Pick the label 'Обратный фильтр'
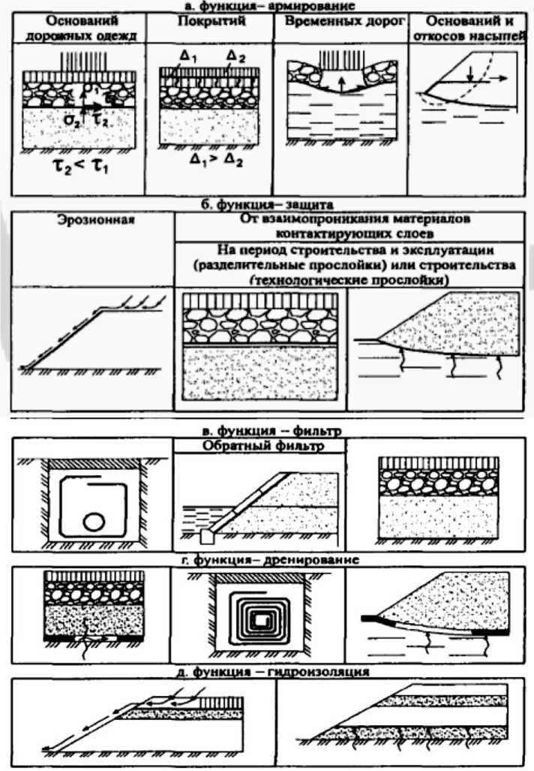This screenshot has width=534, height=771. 259,446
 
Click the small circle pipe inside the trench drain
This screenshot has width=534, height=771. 94,520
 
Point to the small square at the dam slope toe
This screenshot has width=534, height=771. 206,536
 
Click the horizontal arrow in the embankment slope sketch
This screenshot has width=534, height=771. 496,77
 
